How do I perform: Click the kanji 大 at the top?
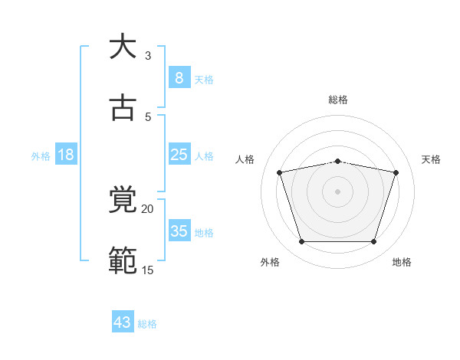coord(123,47)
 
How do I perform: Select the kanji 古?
coord(123,108)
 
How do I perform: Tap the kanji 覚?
coord(123,200)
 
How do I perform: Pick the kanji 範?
coord(123,261)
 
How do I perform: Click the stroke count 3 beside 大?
coord(148,55)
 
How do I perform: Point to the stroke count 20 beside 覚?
coord(147,208)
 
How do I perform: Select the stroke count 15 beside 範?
coord(147,270)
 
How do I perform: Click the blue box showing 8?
coord(179,78)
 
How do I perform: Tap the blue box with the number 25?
coord(179,155)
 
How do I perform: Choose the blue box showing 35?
coord(179,231)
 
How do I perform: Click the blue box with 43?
coord(123,322)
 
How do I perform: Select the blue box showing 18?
coord(66,155)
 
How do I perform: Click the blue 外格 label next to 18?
coord(41,155)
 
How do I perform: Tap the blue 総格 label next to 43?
coord(147,324)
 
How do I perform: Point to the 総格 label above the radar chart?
coord(338,100)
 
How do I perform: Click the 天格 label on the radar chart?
coord(432,159)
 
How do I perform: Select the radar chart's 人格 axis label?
coord(245,159)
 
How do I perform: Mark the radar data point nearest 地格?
coord(373,242)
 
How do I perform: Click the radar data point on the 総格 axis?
coord(338,161)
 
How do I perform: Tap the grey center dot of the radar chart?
coord(338,191)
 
